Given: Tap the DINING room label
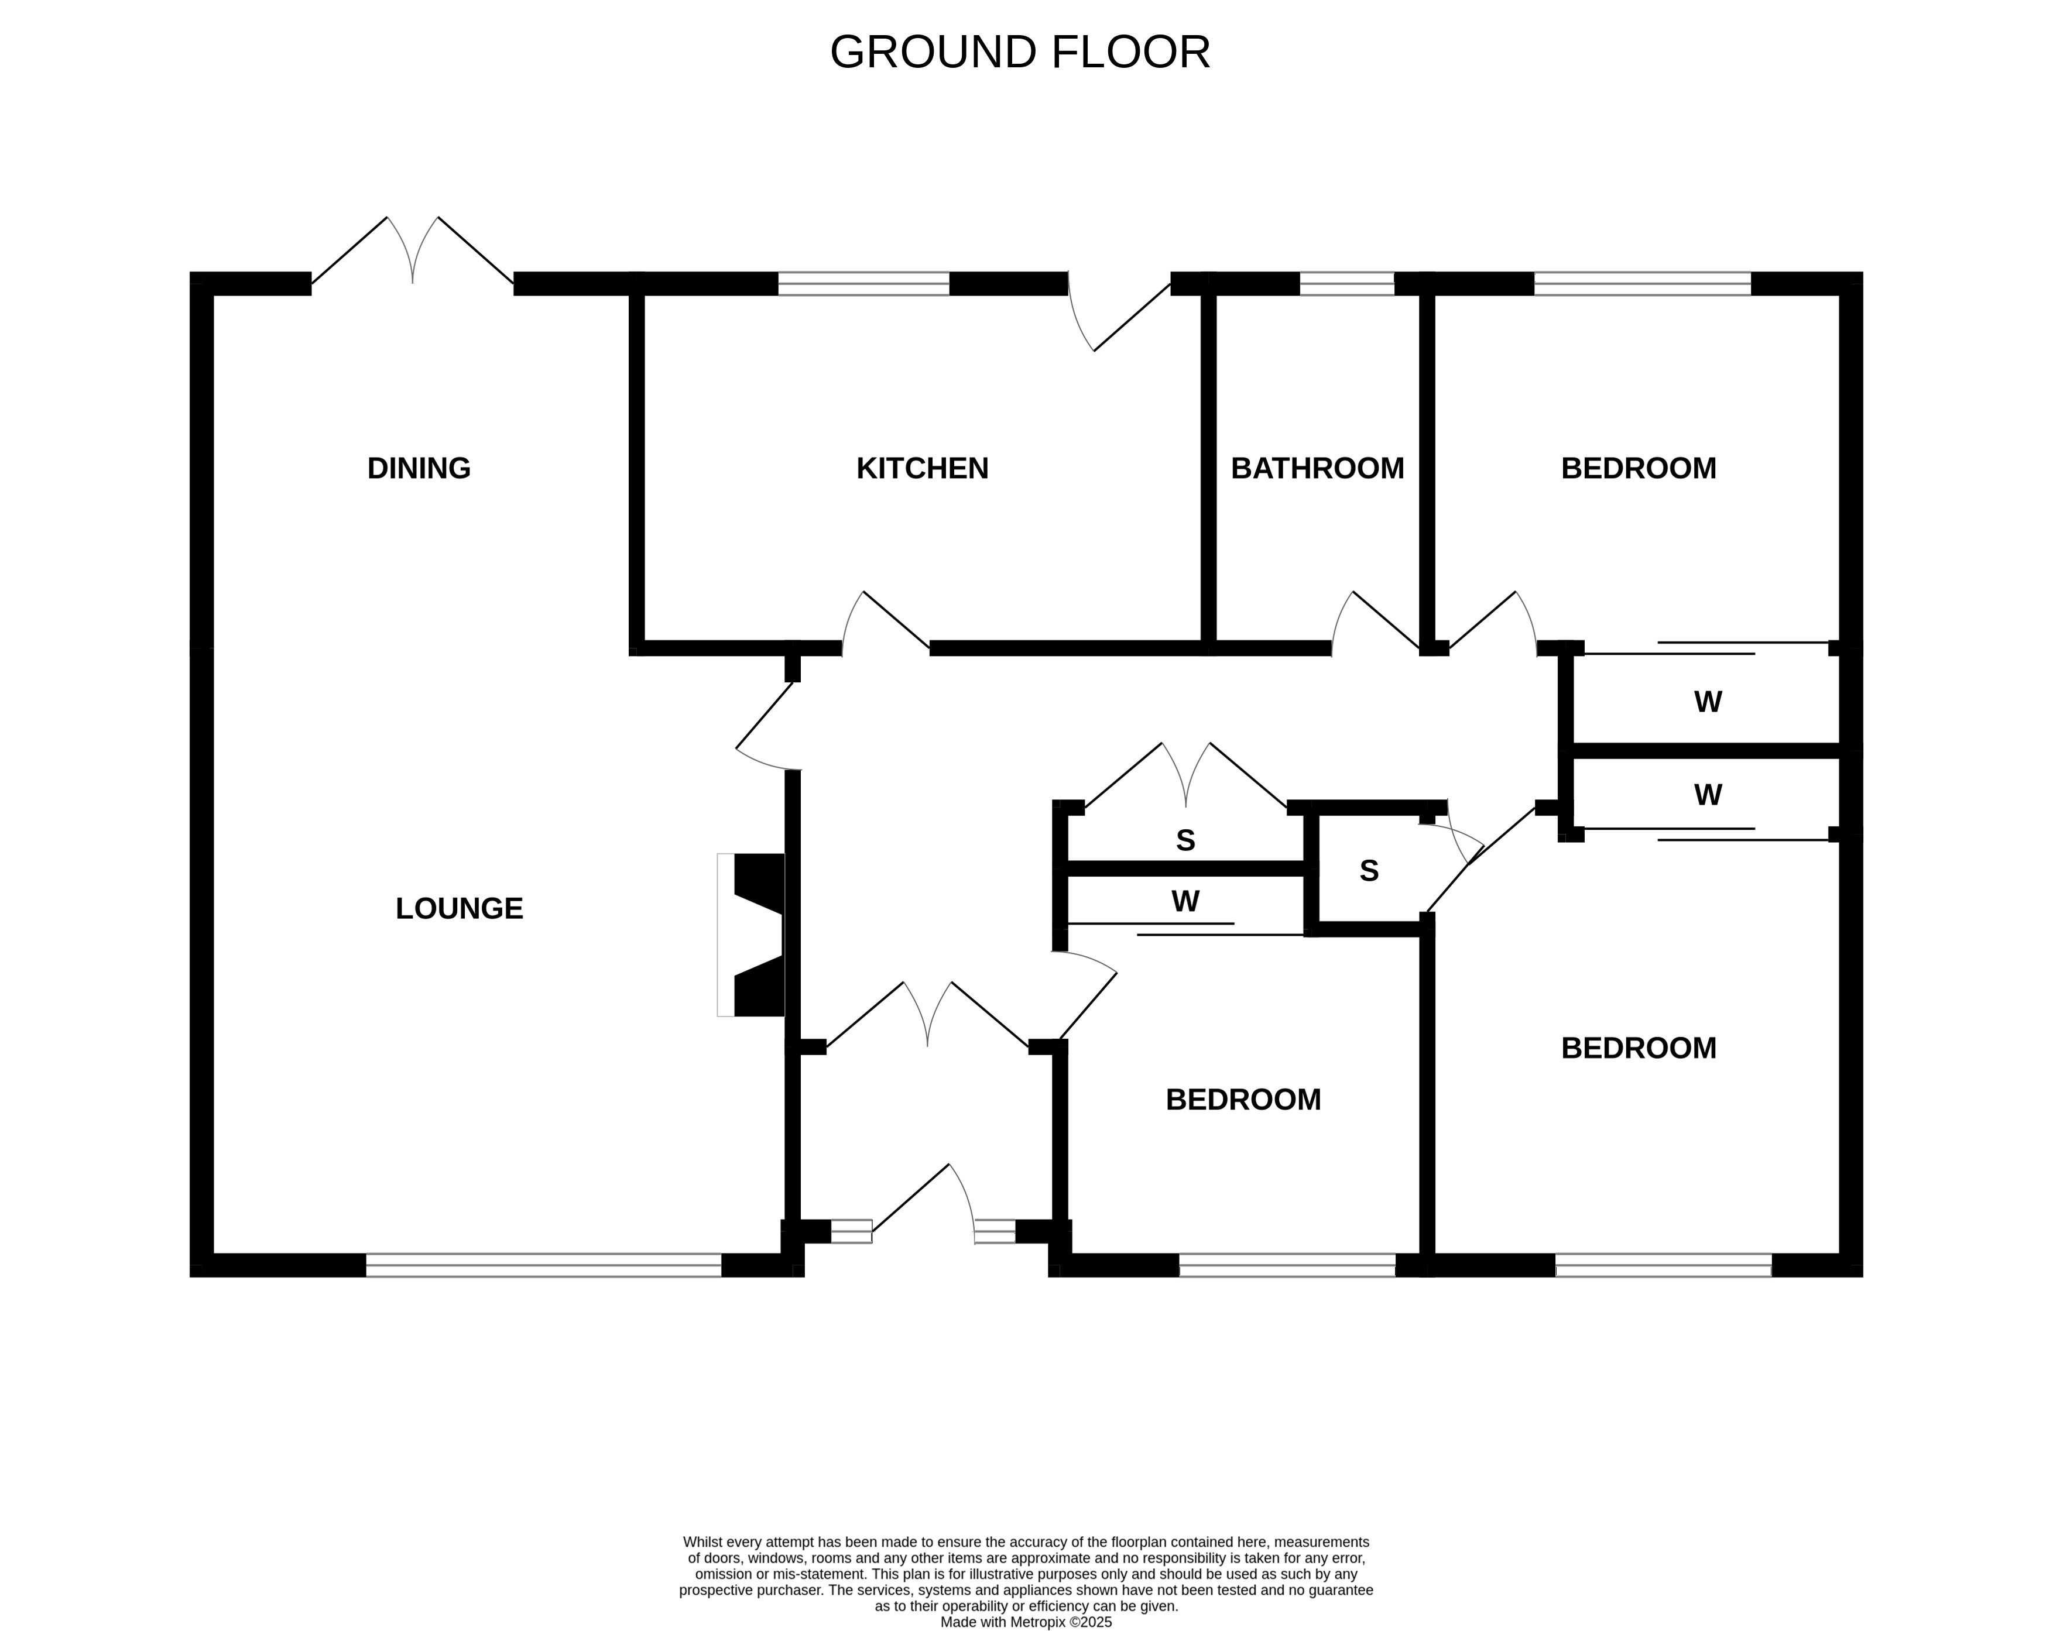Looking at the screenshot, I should pos(419,468).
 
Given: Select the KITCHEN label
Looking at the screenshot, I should pos(922,468).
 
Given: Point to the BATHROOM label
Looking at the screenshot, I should pos(1317,468).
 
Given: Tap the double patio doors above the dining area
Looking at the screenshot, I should pos(412,252).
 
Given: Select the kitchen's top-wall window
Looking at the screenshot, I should pos(863,284).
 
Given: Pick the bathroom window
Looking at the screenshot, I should pos(1346,284).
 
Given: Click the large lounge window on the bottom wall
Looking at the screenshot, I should pos(544,1265).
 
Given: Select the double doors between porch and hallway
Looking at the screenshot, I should pos(927,1017).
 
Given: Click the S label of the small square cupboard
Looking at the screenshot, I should pos(1368,871).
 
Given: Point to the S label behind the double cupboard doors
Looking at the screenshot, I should pos(1185,841).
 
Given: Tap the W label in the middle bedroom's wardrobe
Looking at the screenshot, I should pos(1185,902).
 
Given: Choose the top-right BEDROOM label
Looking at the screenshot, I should pos(1638,468).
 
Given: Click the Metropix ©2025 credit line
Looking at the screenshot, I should pos(1026,1622).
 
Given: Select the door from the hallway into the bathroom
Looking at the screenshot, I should pos(1376,624).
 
